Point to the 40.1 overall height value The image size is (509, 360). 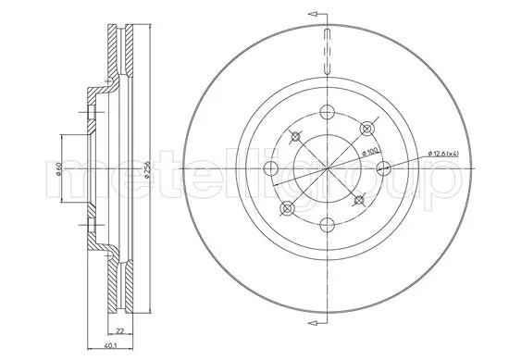(111, 347)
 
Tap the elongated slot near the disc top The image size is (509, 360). (327, 53)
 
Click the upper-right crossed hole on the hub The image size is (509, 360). (367, 128)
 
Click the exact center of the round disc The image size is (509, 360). (328, 169)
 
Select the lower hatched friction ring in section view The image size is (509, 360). (119, 287)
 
